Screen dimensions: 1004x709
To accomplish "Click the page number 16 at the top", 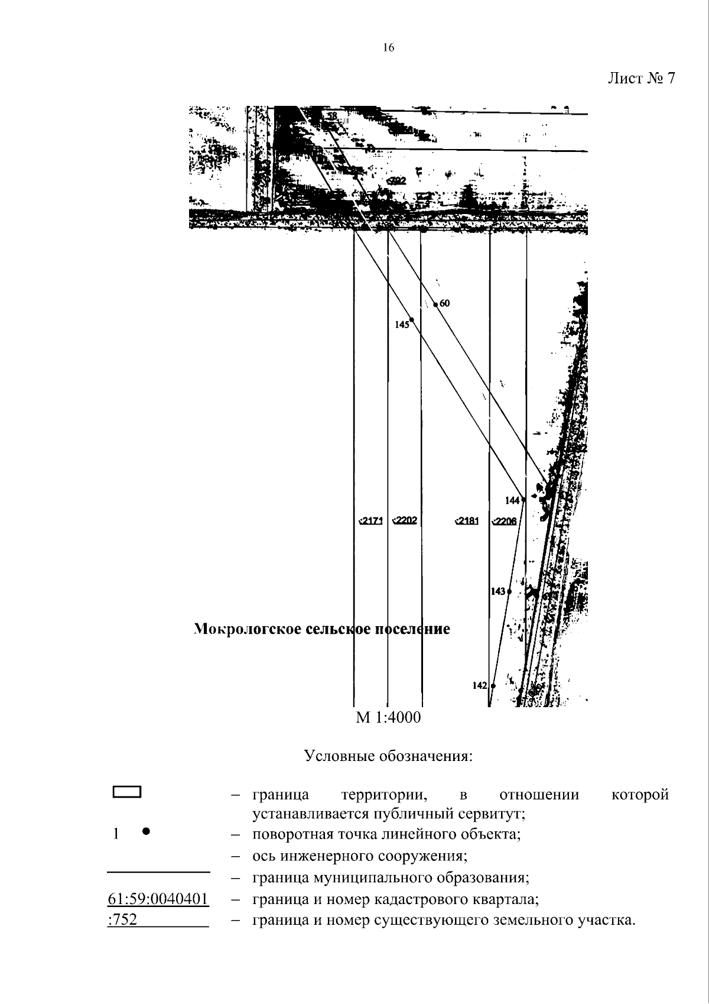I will tap(388, 48).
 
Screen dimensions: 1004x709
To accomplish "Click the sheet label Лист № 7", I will tap(641, 79).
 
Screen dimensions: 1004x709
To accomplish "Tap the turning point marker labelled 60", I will tap(436, 305).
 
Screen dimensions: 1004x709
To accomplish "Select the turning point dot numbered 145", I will tap(411, 320).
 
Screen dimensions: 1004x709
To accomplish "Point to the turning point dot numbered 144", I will tap(523, 500).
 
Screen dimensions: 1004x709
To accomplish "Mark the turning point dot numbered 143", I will tap(509, 591).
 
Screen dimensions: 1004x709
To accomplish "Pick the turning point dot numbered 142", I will tap(493, 686).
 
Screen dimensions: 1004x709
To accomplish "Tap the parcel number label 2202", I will tap(405, 520).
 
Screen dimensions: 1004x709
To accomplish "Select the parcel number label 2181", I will tap(467, 521).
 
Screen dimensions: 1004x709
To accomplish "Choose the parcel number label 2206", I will tap(505, 521).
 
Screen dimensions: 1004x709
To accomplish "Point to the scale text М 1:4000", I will tap(388, 718).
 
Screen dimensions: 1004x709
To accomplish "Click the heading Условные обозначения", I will tap(388, 756).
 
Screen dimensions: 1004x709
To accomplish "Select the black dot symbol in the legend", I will tap(146, 831).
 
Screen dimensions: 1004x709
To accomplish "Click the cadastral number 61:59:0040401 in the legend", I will tap(158, 899).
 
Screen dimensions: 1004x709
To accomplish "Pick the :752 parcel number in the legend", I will tap(123, 920).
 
